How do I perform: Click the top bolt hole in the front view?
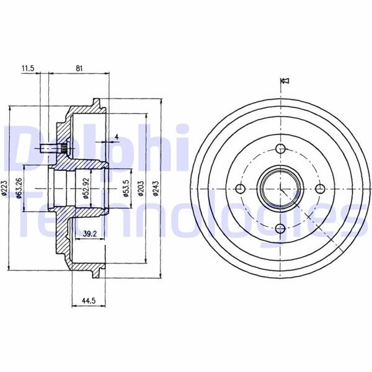pyautogui.click(x=280, y=148)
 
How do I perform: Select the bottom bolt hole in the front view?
pyautogui.click(x=280, y=229)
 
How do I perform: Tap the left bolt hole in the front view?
pyautogui.click(x=240, y=189)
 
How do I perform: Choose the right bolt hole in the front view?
pyautogui.click(x=321, y=189)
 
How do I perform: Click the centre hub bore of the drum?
pyautogui.click(x=280, y=188)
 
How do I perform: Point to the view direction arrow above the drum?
pyautogui.click(x=286, y=81)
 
